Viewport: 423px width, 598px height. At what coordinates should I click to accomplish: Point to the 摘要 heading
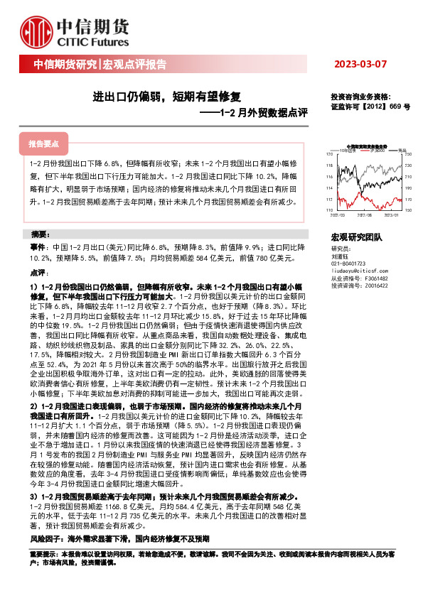[42, 234]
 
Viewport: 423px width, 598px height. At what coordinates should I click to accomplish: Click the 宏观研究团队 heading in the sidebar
[356, 236]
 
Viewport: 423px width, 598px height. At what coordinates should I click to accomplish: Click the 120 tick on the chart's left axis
[328, 154]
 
